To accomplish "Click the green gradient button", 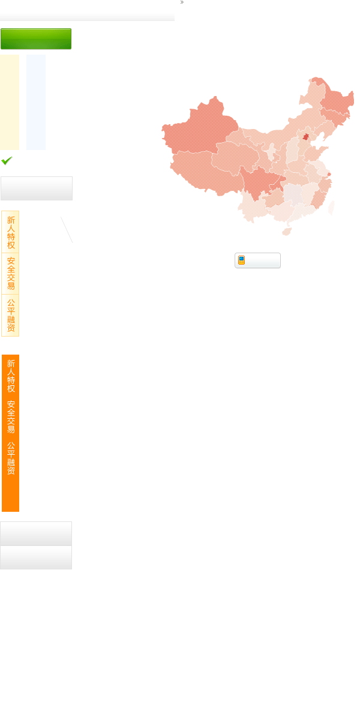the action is pos(36,39).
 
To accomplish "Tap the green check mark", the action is pos(7,160).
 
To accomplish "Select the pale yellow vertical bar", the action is pos(10,102).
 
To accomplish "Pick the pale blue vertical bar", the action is pos(36,102).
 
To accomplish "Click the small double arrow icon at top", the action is pos(182,2).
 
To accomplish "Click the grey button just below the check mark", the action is pos(37,188).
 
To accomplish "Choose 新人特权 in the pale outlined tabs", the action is pos(11,232).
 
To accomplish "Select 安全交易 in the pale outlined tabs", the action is pos(11,274).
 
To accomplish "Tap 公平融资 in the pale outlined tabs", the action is pos(11,316).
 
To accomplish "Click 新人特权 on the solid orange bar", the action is pos(11,376).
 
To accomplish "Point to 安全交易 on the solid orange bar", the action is pos(11,417).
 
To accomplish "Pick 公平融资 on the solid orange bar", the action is pos(11,458).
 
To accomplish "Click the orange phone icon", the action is pos(241,260).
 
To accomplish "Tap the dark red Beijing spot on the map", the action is pos(306,137).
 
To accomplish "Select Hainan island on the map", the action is pos(287,232).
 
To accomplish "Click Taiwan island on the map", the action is pos(331,208).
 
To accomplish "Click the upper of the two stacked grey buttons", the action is pos(36,534).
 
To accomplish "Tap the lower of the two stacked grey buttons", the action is pos(36,557).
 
